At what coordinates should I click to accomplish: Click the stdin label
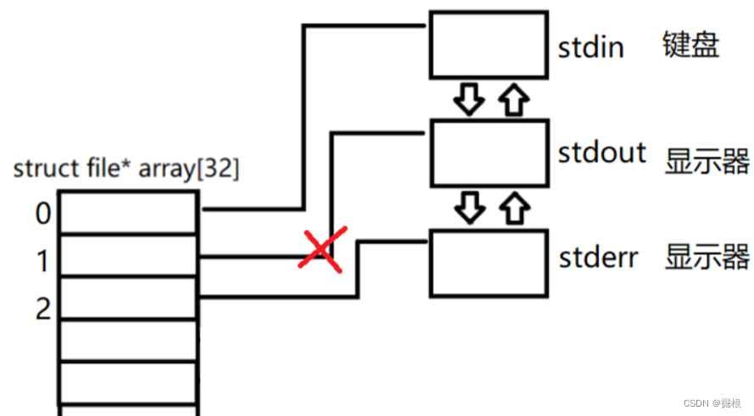[x=590, y=47]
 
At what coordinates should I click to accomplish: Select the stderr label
[x=598, y=257]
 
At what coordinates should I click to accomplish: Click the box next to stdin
[x=487, y=43]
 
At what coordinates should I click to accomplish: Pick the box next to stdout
[x=487, y=153]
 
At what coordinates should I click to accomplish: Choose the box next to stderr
[x=487, y=263]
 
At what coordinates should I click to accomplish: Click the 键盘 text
[x=691, y=45]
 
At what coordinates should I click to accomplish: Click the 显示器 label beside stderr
[x=707, y=257]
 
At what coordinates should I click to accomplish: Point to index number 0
[x=42, y=214]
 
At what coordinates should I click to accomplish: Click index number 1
[x=42, y=262]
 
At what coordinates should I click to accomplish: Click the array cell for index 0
[x=130, y=212]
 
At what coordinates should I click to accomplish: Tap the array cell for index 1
[x=130, y=255]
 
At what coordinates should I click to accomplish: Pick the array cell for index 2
[x=130, y=297]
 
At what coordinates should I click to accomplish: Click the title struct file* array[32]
[x=126, y=169]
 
